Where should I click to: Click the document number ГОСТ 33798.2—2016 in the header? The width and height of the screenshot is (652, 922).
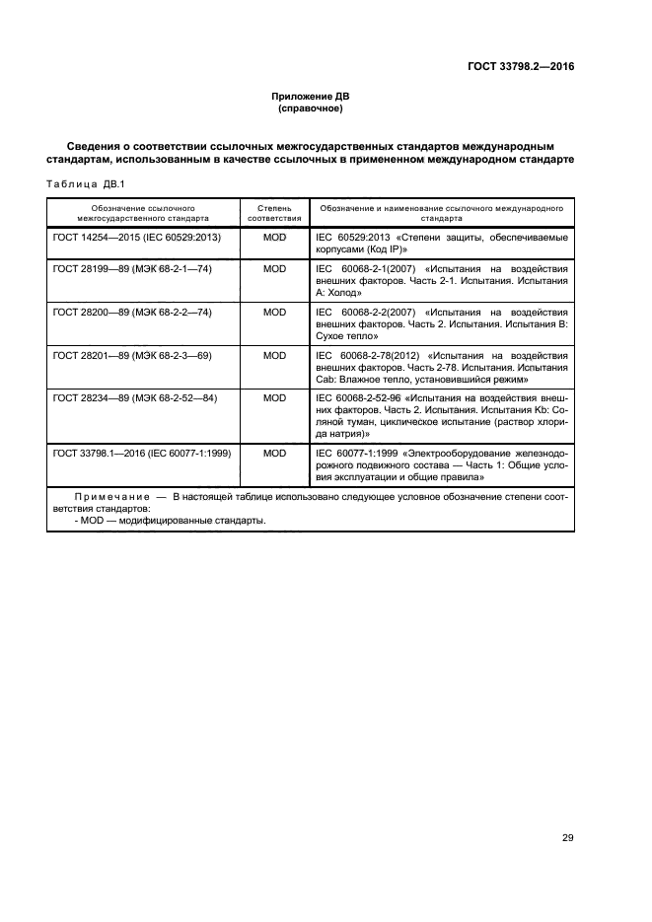pos(521,67)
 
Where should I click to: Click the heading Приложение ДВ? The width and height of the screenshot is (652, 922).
pos(311,96)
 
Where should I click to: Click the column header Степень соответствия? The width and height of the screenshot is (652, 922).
pos(273,214)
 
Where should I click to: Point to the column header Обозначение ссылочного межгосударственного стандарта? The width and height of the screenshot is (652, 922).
pos(143,214)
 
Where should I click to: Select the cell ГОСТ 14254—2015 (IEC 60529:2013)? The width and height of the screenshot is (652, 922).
pos(136,239)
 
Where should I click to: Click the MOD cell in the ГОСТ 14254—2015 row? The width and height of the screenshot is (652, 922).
pos(274,239)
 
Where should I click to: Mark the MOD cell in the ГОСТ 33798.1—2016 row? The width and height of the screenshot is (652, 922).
pos(274,453)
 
